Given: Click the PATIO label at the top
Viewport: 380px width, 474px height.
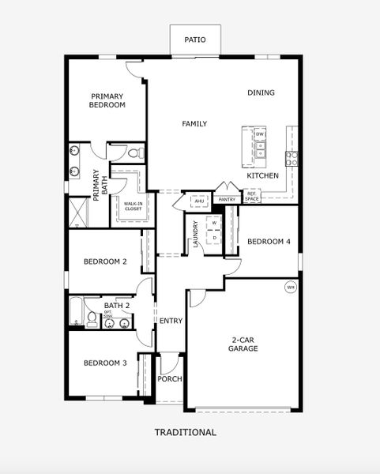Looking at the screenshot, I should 195,39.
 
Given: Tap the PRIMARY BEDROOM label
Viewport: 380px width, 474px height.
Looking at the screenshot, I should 107,100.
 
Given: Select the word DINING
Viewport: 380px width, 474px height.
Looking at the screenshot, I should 261,93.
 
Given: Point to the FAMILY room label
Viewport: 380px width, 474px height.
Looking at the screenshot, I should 194,124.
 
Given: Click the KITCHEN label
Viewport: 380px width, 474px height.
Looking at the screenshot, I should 262,175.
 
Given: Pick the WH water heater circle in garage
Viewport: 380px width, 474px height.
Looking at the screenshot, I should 291,287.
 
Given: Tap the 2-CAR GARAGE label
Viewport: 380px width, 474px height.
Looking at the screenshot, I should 243,344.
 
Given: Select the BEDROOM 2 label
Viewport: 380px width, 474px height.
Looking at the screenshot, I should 105,261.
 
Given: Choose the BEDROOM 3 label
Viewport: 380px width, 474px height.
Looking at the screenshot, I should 105,363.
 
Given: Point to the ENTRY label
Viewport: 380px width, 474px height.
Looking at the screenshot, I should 171,322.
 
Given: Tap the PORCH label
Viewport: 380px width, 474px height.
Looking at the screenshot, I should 170,379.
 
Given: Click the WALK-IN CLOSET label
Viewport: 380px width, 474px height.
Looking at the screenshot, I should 133,207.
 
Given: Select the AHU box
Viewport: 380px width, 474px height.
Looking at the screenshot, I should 199,202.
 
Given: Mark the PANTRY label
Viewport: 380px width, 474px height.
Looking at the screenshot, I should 228,200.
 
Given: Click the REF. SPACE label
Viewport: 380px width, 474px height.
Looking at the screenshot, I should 252,196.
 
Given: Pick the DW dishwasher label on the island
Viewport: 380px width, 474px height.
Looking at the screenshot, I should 260,134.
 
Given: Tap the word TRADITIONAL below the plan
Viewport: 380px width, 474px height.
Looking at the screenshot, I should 186,432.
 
